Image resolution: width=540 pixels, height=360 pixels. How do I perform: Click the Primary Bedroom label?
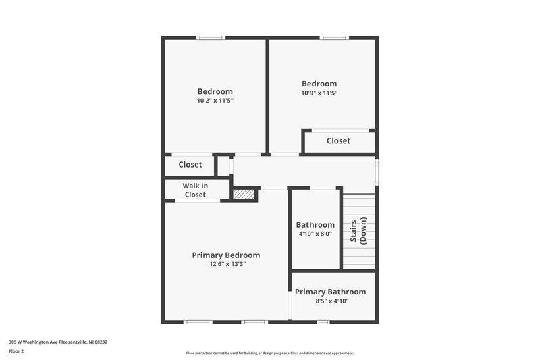225,255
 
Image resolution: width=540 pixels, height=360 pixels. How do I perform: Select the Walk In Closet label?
195,190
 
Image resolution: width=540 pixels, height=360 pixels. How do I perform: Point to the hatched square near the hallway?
244,194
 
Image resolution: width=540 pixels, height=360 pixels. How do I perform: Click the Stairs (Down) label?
358,231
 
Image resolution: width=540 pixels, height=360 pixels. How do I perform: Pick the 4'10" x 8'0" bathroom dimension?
315,234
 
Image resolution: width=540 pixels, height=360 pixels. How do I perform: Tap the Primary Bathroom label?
330,292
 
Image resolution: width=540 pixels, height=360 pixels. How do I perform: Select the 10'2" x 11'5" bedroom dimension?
215,101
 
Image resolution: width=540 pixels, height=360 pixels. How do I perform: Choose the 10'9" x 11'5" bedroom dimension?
319,93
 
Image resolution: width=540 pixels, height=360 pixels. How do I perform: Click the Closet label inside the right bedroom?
338,140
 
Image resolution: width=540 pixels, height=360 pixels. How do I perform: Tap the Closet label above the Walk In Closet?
190,164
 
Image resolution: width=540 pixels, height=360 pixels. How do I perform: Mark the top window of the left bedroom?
211,38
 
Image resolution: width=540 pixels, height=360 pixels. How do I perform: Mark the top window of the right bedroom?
333,38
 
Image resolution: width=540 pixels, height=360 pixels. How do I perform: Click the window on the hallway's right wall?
377,170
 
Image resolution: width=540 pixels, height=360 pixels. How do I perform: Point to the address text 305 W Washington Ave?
58,342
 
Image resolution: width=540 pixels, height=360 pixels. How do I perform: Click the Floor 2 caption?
16,351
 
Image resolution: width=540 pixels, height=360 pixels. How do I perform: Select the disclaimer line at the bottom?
269,353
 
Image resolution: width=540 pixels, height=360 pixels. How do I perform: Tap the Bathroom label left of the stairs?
315,225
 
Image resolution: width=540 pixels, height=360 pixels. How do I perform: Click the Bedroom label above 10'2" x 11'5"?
215,91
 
